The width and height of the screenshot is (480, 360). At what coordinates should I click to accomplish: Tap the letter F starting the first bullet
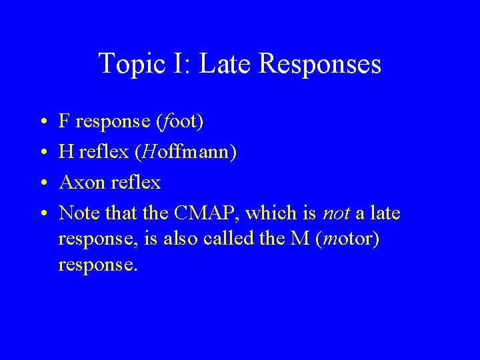pyautogui.click(x=65, y=121)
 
